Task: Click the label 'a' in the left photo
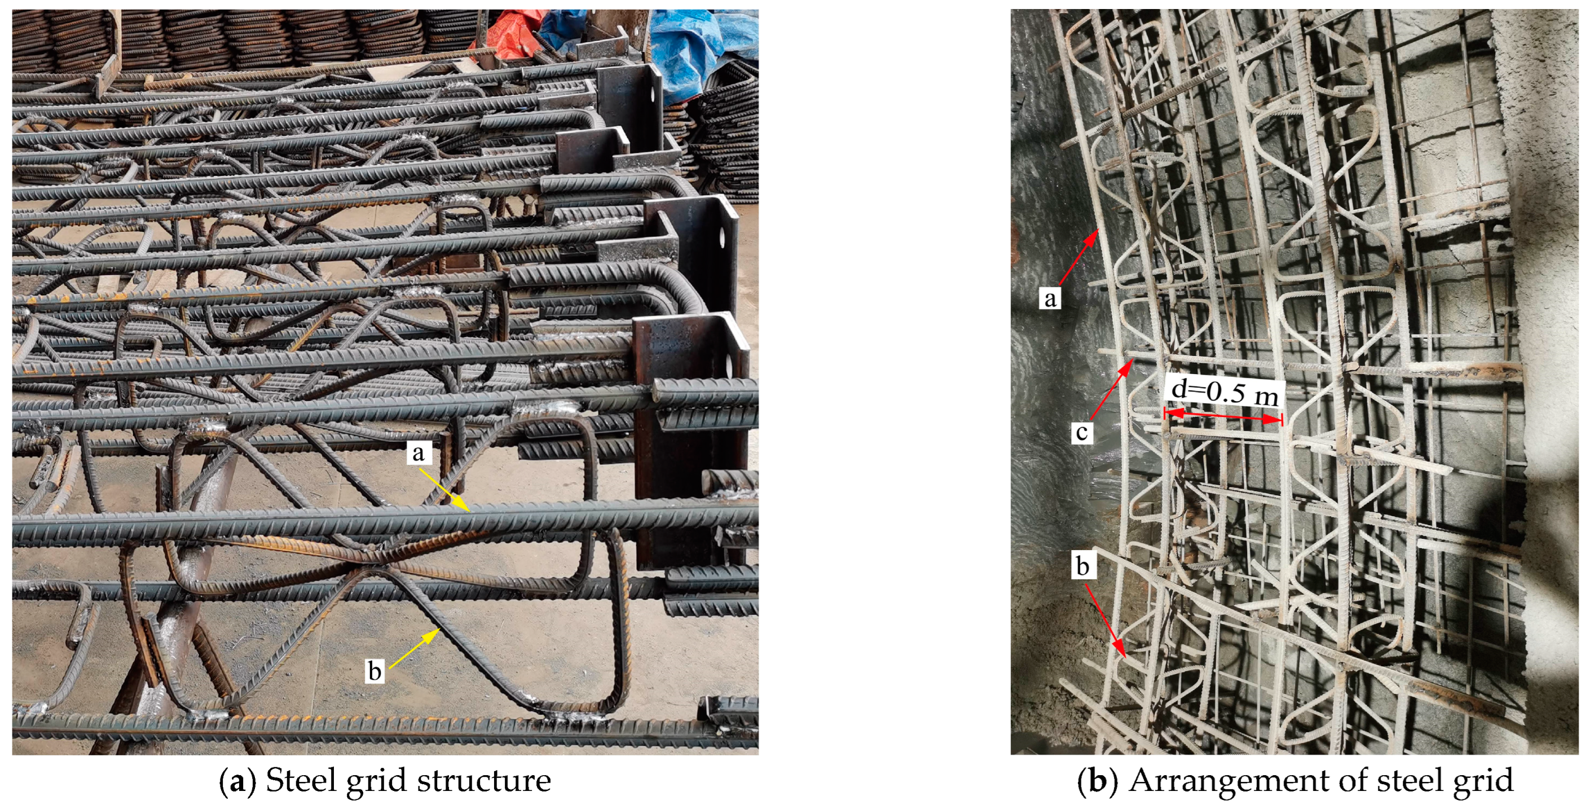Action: tap(419, 453)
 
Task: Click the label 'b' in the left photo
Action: tap(374, 671)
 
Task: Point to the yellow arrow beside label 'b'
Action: tap(414, 648)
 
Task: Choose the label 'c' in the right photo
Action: tap(1081, 432)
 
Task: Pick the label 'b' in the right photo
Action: tap(1082, 566)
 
